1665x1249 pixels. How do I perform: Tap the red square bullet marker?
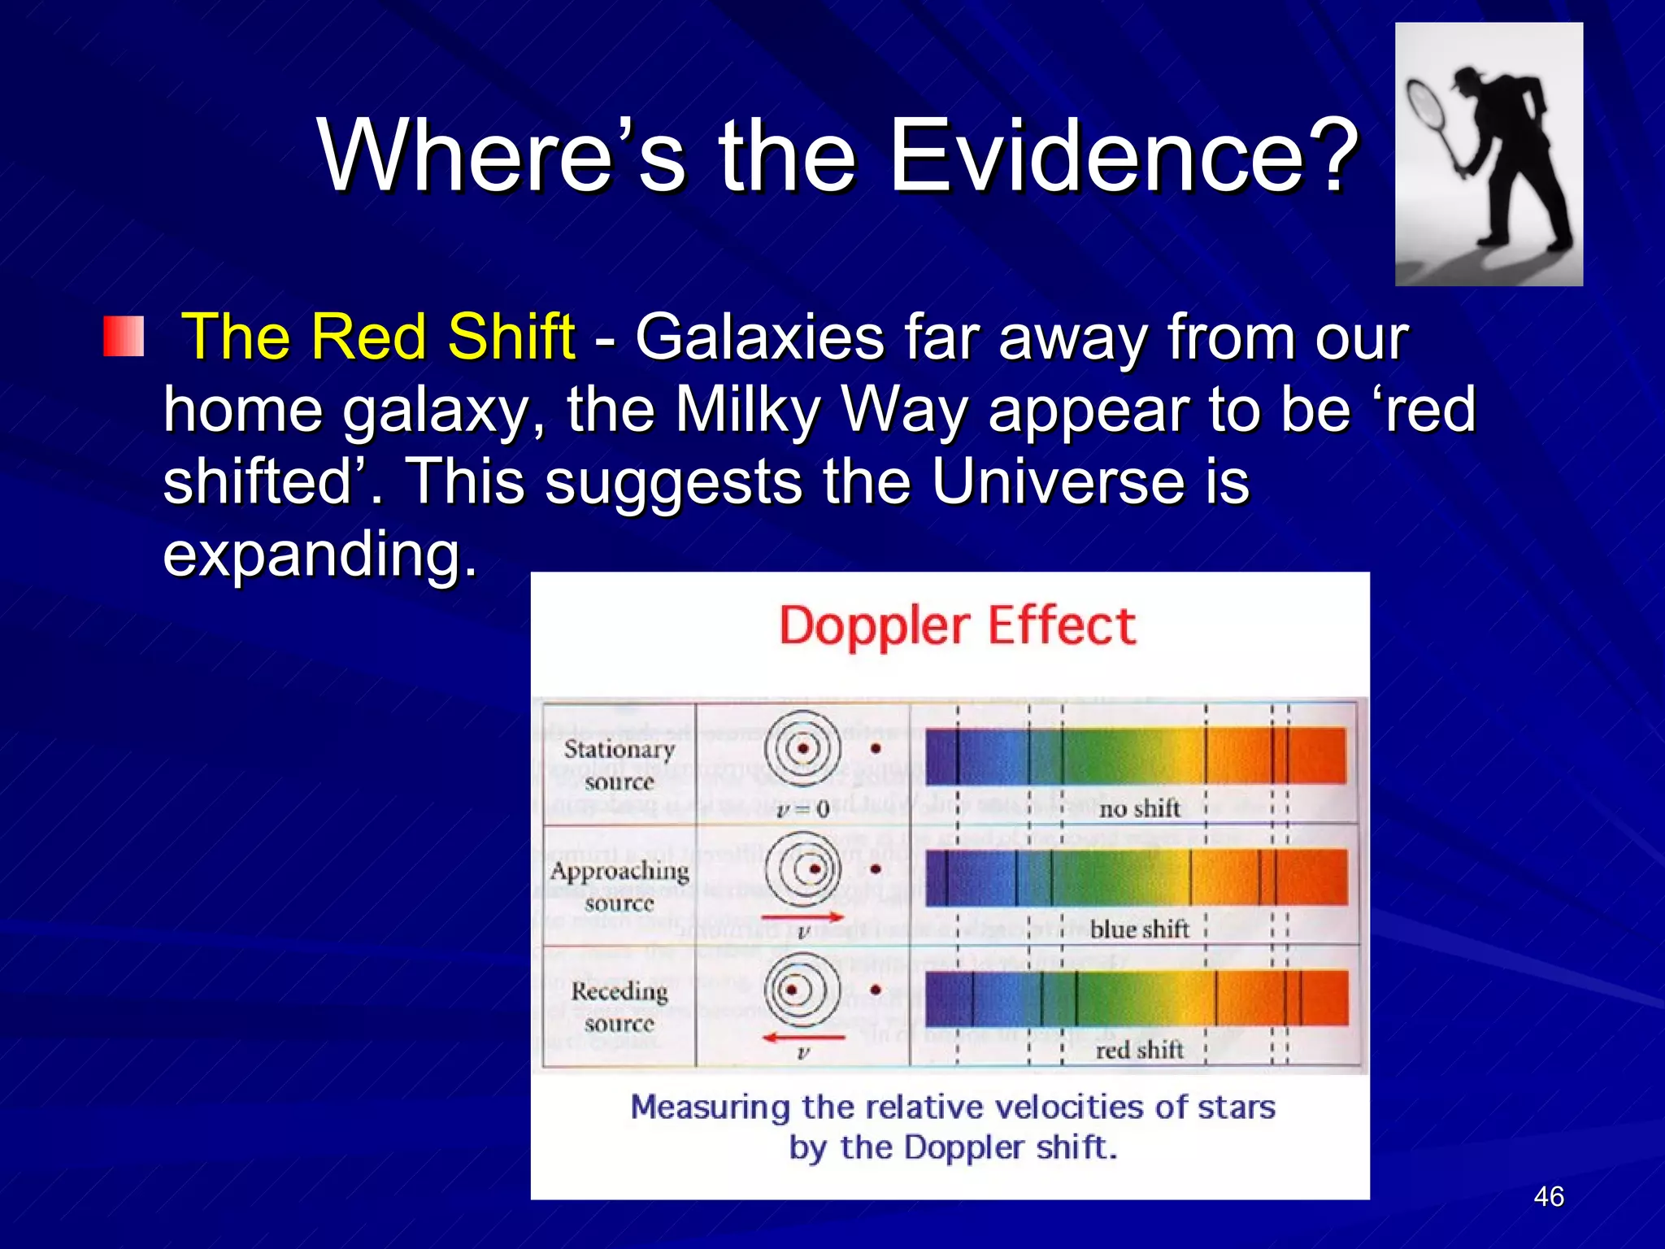tap(124, 337)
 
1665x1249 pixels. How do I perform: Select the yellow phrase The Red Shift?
tap(379, 337)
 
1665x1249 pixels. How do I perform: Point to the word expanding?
tap(319, 554)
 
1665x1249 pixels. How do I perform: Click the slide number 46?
tap(1548, 1196)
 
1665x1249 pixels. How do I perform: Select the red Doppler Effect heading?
tap(957, 626)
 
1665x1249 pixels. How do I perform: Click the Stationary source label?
tap(619, 764)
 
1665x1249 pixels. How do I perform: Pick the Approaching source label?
tap(619, 886)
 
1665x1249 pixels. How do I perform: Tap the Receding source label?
tap(619, 1007)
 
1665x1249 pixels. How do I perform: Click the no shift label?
tap(1138, 808)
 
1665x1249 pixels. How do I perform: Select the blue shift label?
tap(1138, 929)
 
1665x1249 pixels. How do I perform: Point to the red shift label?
tap(1138, 1050)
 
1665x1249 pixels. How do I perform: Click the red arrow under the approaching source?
tap(803, 917)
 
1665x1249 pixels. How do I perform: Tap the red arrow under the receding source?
tap(803, 1038)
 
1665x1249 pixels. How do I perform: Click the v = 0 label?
tap(802, 809)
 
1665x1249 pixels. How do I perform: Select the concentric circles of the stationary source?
tap(802, 749)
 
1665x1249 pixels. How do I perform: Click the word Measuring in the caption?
tap(710, 1108)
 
